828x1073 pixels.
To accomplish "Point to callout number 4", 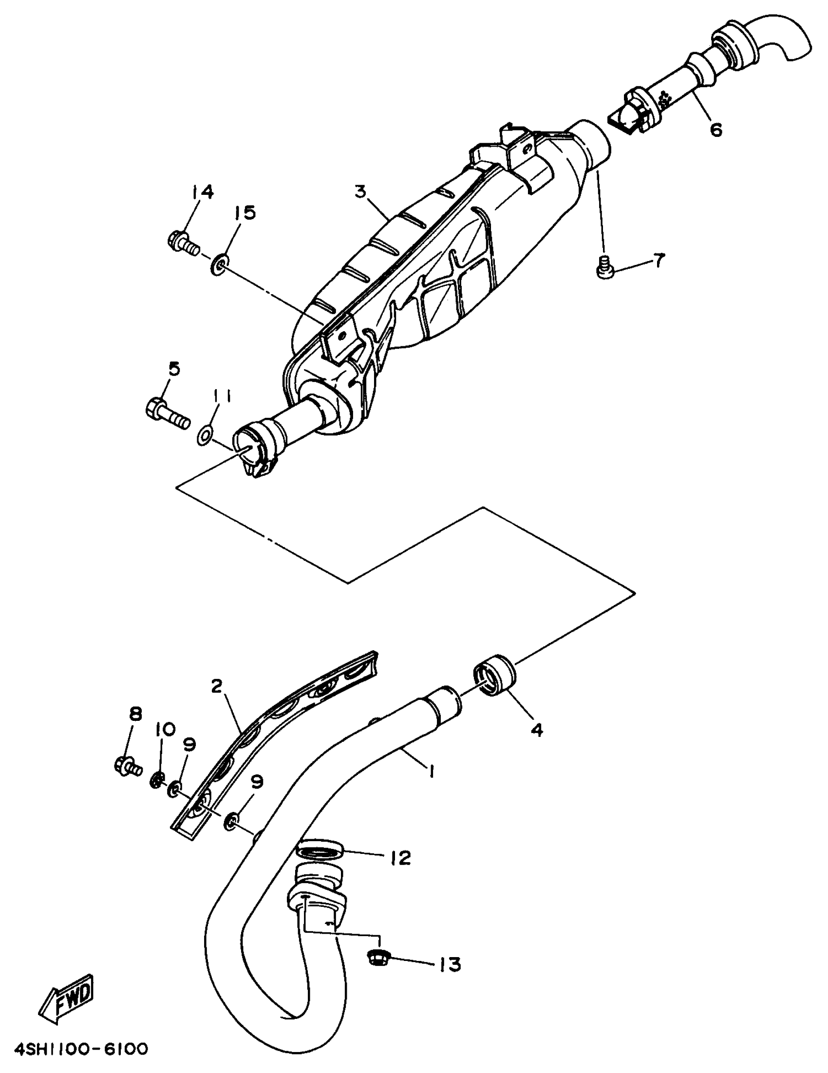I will click(537, 730).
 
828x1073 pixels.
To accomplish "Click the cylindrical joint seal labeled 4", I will click(494, 677).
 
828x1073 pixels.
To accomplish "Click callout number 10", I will click(166, 730).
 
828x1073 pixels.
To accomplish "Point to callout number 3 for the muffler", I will click(361, 191).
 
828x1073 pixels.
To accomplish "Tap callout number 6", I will click(716, 130).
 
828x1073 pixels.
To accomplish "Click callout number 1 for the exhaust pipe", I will click(431, 773).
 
